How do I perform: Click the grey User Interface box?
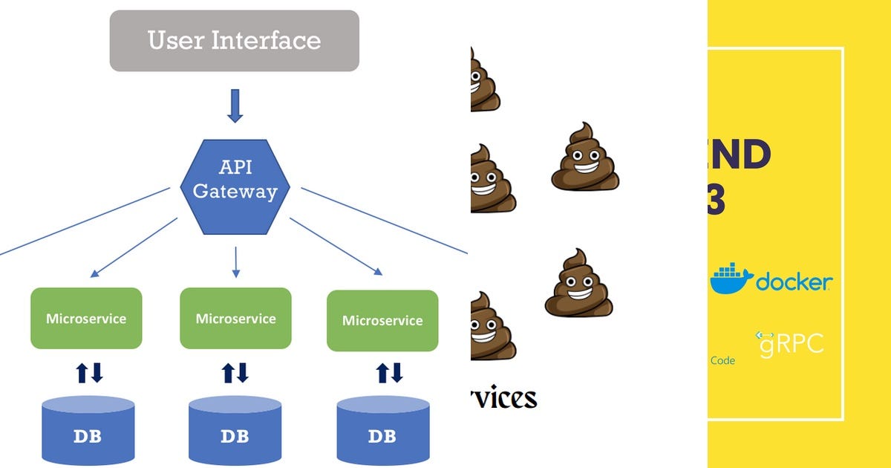pyautogui.click(x=235, y=41)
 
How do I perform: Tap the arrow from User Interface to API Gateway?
pyautogui.click(x=235, y=105)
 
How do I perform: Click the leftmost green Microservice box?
pyautogui.click(x=86, y=319)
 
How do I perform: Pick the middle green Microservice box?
pyautogui.click(x=235, y=319)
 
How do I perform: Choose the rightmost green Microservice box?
pyautogui.click(x=382, y=321)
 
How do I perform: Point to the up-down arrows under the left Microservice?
pyautogui.click(x=89, y=373)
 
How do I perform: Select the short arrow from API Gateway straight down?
pyautogui.click(x=235, y=262)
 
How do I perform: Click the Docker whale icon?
pyautogui.click(x=731, y=280)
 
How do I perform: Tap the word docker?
pyautogui.click(x=793, y=283)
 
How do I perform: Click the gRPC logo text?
pyautogui.click(x=790, y=344)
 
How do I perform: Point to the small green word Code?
pyautogui.click(x=722, y=361)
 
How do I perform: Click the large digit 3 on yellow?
pyautogui.click(x=716, y=201)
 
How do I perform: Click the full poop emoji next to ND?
pyautogui.click(x=585, y=157)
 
